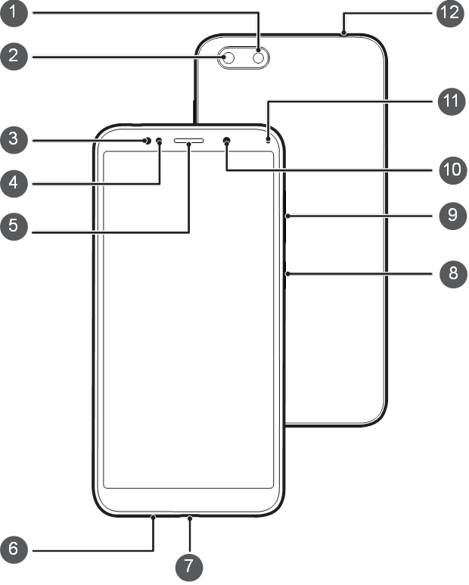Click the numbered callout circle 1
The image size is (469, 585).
pos(14,13)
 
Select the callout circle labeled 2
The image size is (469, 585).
pos(14,56)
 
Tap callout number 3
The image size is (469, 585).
pos(14,138)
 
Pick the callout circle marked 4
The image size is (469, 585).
pos(14,183)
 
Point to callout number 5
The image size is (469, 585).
pos(14,226)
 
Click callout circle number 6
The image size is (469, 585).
pos(14,549)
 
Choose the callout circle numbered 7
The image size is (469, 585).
pos(189,566)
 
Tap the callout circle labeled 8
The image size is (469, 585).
pos(453,273)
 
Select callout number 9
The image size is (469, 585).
pos(453,215)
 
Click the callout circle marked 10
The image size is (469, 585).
pos(453,170)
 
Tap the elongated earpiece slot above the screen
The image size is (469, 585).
pos(188,141)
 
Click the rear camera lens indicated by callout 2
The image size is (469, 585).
pos(228,58)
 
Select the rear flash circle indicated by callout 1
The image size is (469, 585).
pos(259,58)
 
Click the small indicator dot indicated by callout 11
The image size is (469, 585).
pos(268,141)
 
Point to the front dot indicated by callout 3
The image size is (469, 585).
pos(147,141)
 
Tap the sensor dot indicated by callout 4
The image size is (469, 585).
pos(159,141)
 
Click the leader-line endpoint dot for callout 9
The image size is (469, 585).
pos(287,216)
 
